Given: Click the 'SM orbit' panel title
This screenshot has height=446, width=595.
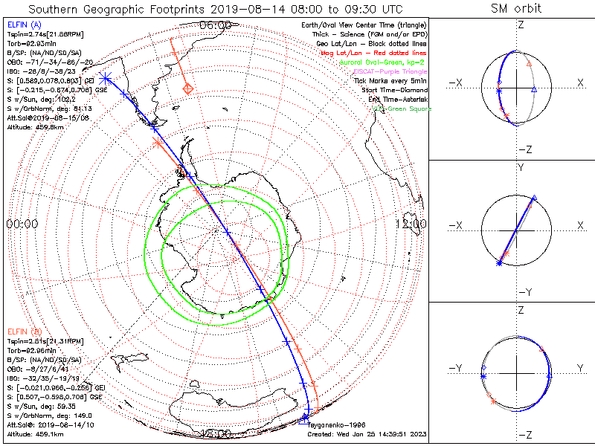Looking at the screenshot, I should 516,8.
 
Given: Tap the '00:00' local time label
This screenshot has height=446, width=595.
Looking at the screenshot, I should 22,223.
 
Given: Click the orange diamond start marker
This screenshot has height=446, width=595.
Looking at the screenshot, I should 189,89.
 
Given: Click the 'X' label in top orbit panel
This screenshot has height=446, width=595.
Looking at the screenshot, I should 580,82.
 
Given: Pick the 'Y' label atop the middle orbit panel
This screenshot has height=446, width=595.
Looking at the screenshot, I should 520,169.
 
